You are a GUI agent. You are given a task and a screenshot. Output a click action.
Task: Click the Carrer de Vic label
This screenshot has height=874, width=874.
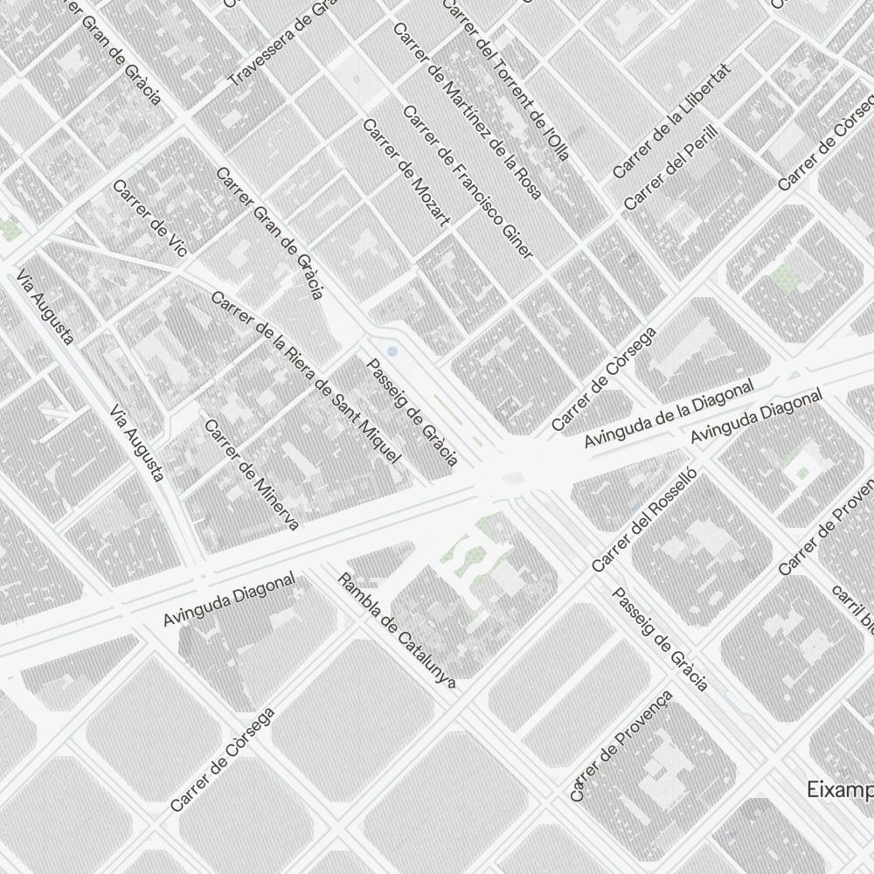click(x=149, y=218)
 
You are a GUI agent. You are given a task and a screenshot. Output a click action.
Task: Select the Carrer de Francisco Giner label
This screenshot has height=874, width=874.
click(x=468, y=183)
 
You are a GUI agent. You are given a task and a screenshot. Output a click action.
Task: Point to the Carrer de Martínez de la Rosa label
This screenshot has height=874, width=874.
click(x=468, y=109)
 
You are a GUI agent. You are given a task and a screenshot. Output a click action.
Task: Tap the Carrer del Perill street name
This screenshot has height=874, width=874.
click(x=670, y=167)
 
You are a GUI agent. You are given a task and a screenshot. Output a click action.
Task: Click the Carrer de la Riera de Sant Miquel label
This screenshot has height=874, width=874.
click(x=306, y=377)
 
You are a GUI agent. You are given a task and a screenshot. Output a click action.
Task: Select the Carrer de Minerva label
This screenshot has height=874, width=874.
click(x=252, y=475)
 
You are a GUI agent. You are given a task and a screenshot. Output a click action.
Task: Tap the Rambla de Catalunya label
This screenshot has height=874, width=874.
click(x=397, y=631)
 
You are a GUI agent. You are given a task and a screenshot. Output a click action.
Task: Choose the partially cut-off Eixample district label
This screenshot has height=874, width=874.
click(x=839, y=789)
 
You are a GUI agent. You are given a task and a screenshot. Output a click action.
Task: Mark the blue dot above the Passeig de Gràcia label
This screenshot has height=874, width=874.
click(x=392, y=351)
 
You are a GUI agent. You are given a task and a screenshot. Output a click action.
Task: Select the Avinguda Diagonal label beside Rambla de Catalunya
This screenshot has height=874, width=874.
click(x=230, y=600)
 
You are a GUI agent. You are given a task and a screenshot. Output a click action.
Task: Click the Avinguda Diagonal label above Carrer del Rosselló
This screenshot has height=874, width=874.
click(x=757, y=417)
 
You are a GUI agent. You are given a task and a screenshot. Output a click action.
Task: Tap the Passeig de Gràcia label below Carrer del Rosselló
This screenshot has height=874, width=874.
click(x=660, y=639)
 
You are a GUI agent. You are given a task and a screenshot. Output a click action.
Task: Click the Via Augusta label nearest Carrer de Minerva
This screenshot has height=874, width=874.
click(x=138, y=443)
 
